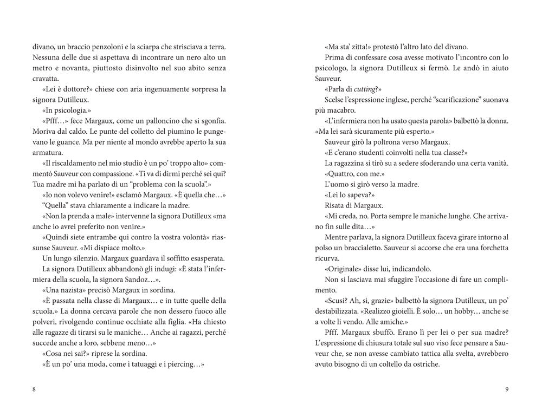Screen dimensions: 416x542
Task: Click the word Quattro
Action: [341, 173]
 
